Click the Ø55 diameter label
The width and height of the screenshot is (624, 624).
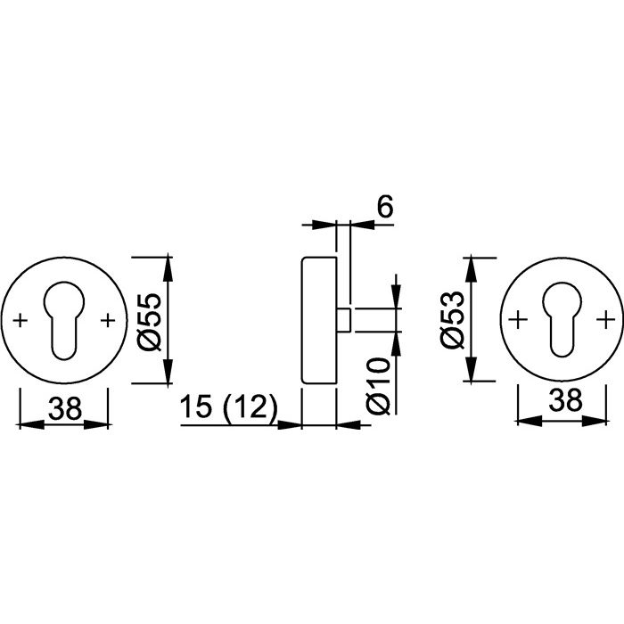point(149,323)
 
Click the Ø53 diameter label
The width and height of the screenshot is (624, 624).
point(453,320)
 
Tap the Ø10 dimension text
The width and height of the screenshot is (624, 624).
point(378,386)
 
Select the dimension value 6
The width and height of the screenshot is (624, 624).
point(385,206)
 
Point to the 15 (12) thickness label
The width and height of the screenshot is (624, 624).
point(228,406)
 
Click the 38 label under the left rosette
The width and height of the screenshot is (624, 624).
point(65,408)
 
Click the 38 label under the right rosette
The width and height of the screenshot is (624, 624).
point(565,399)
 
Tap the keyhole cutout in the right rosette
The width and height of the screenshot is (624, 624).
point(562,318)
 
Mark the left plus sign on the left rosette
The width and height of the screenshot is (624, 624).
point(21,320)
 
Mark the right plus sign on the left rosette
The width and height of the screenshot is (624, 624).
point(108,320)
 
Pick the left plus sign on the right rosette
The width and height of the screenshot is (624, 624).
point(519,319)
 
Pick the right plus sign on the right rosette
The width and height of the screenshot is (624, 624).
point(605,319)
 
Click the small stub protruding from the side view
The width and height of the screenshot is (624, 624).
point(344,319)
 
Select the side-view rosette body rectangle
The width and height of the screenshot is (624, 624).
point(319,320)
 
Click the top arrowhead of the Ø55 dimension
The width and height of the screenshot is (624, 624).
point(168,267)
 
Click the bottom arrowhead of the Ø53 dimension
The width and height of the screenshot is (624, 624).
point(472,370)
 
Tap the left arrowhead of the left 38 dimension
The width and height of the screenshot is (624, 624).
point(32,424)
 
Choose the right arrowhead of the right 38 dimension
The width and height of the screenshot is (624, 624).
point(595,421)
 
